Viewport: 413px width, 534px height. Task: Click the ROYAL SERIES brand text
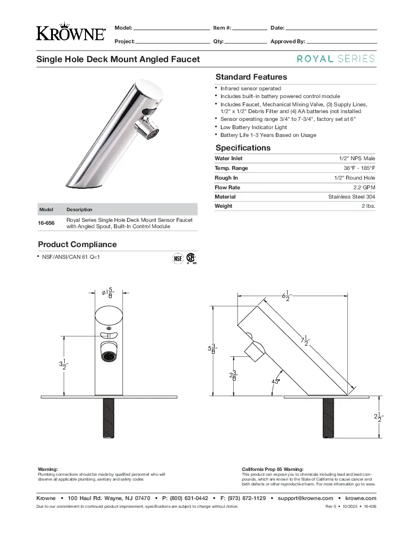pos(336,59)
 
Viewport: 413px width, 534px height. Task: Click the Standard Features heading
pos(251,77)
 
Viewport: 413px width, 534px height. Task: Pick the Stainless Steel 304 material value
pos(352,197)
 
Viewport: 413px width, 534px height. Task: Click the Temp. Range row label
pos(231,168)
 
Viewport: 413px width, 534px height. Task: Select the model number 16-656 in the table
pos(46,223)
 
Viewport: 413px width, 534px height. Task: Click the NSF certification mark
pos(178,259)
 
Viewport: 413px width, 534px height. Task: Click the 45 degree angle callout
pos(275,382)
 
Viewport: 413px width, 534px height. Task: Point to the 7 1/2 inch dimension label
pos(305,342)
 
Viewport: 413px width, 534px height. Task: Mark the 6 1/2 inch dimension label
pos(286,295)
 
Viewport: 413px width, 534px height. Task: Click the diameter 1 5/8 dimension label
pos(108,293)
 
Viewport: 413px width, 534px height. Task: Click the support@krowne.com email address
pos(305,498)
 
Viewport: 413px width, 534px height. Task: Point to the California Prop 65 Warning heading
pos(273,469)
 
